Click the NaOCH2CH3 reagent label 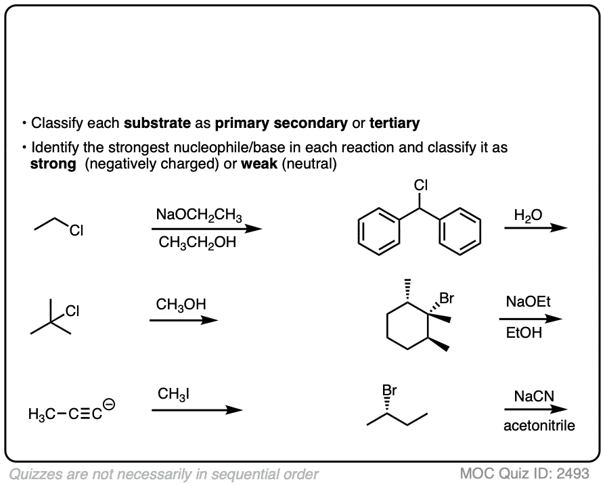199,215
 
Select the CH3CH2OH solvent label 197,243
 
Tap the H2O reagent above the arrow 528,216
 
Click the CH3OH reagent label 181,305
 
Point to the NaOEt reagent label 529,301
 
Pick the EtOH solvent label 524,332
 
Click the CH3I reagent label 174,395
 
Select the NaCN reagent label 534,396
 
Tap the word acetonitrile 539,425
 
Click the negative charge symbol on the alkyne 110,404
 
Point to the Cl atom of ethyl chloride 76,230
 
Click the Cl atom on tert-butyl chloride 72,311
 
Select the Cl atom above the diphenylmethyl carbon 421,185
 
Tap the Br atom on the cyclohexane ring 447,299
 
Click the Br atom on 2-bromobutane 389,391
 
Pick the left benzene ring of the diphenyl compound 378,231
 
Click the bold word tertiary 395,123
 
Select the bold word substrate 157,123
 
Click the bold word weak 259,164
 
